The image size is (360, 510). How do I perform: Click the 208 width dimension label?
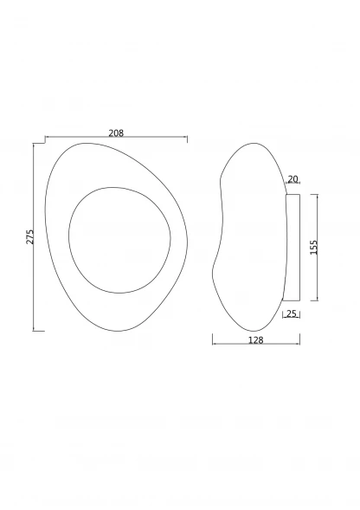point(116,133)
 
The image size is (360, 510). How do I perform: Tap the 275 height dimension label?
point(30,236)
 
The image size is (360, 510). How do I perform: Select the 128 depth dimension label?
point(255,340)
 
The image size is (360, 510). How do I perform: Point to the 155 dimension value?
point(313,247)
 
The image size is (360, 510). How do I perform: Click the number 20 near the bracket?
point(292,179)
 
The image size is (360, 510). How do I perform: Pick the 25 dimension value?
point(292,313)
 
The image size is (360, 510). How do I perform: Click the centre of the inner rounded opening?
point(119,240)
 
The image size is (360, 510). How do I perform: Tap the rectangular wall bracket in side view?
point(292,247)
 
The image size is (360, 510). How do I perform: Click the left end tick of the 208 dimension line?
point(45,139)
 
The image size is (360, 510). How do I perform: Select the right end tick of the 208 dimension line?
point(187,139)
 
